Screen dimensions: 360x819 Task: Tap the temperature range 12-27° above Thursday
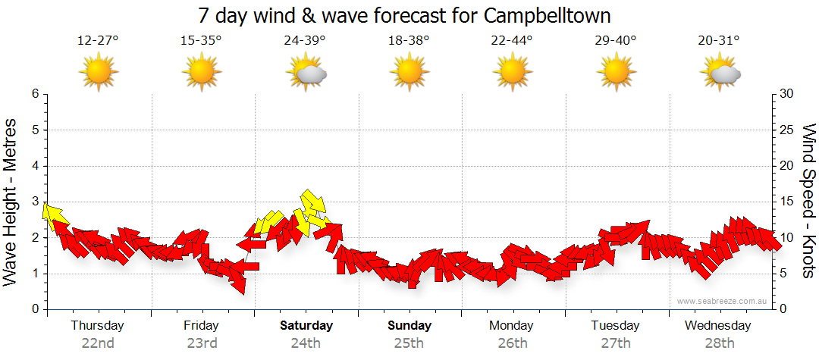click(x=98, y=41)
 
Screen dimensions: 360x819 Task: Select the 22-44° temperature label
click(x=512, y=41)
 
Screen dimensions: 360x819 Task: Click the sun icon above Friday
click(x=202, y=72)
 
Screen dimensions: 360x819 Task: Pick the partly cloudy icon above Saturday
click(x=306, y=73)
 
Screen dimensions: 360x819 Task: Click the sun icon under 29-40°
click(x=617, y=72)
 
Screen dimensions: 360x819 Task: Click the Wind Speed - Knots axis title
click(x=808, y=201)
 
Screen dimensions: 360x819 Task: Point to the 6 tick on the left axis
click(x=34, y=94)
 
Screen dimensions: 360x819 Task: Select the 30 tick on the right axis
click(x=786, y=94)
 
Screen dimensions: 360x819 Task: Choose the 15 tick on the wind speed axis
click(x=786, y=202)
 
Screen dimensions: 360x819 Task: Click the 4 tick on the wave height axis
click(x=34, y=166)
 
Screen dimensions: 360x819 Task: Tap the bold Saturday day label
click(x=306, y=326)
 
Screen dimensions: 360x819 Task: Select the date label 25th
click(x=409, y=343)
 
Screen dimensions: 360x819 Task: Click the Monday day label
click(x=512, y=326)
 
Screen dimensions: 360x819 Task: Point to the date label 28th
click(x=719, y=343)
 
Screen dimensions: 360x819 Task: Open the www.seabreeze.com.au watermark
click(x=723, y=301)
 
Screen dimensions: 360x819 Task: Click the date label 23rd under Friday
click(x=202, y=343)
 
